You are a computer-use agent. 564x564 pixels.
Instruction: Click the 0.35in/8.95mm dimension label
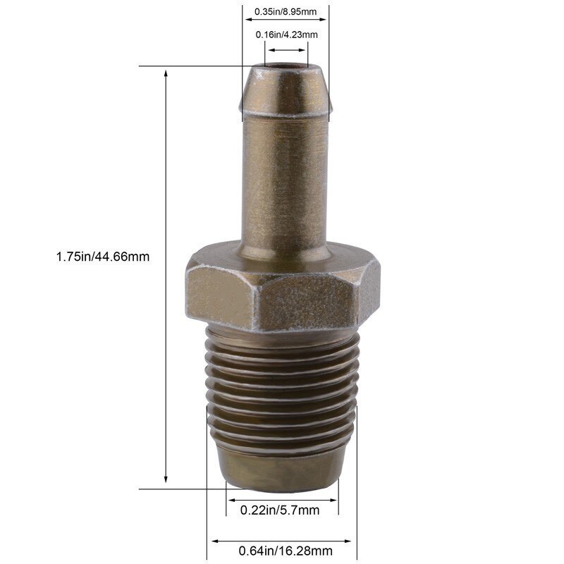pos(286,11)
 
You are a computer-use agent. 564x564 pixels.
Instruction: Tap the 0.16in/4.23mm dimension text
pos(286,35)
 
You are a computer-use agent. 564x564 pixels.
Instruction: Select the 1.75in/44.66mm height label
pos(103,257)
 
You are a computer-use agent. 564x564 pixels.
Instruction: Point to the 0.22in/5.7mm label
pos(280,510)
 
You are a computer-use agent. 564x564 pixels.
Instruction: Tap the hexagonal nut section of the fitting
pos(283,289)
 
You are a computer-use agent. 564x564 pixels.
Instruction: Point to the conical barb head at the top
pos(286,92)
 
